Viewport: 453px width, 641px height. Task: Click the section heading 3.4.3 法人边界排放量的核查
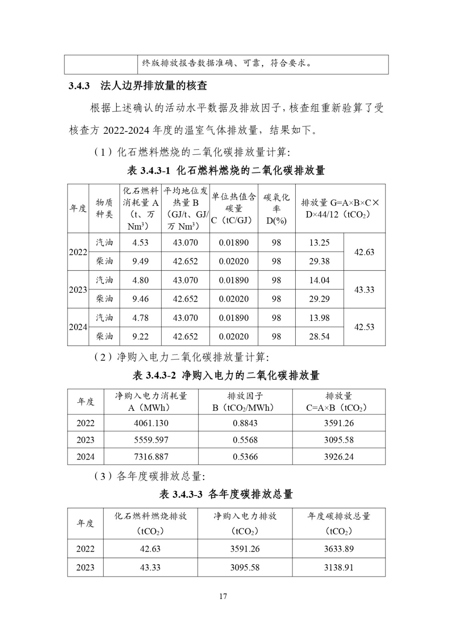point(138,86)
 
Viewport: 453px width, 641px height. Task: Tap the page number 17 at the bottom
point(223,596)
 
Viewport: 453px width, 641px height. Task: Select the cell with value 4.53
point(140,243)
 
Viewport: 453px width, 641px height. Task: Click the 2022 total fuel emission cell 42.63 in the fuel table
point(364,252)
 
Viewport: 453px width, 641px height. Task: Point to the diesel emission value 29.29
point(319,299)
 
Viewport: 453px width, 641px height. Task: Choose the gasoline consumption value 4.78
point(140,318)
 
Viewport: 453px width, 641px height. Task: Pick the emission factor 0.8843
point(245,423)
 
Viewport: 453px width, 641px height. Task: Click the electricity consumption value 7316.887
point(151,457)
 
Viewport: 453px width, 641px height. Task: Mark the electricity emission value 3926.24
point(339,457)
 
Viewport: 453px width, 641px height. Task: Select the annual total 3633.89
point(339,549)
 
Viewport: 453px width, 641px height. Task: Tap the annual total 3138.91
point(339,567)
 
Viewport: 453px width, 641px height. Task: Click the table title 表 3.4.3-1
point(226,171)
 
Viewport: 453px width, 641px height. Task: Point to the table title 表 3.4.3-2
point(226,375)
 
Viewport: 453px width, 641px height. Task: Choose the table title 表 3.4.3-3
point(226,494)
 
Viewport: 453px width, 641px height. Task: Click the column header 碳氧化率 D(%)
point(277,209)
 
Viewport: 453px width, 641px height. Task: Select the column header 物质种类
point(104,208)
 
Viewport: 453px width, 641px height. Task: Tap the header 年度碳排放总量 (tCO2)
point(339,524)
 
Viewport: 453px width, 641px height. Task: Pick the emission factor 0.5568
point(245,440)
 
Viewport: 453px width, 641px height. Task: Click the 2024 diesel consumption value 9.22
point(140,337)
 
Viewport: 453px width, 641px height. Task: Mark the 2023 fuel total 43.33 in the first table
point(364,290)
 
